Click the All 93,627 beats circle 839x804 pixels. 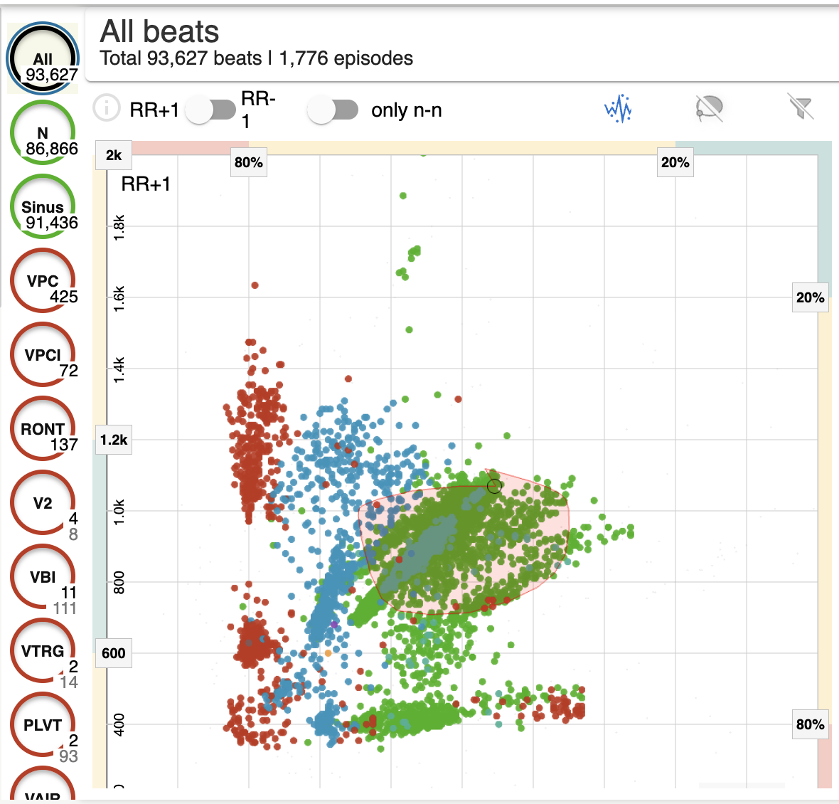coord(43,59)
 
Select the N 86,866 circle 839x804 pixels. coord(43,133)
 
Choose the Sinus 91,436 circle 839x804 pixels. coord(43,207)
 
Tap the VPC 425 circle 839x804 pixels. coord(43,281)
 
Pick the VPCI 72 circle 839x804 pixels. coord(43,355)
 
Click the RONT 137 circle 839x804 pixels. coord(43,429)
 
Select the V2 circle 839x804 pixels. coord(43,503)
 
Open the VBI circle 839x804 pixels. coord(43,577)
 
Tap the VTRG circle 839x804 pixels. coord(43,651)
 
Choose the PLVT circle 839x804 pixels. coord(43,725)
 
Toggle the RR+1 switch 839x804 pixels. coord(211,110)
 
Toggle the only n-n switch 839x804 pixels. coord(333,110)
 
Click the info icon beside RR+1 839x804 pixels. coord(107,108)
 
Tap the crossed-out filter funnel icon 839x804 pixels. coord(801,107)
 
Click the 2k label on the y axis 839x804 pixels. coord(114,155)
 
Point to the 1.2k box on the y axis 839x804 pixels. coord(114,440)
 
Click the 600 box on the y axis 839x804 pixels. coord(114,653)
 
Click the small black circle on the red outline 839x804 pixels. coord(494,486)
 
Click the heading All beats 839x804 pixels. coord(160,32)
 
